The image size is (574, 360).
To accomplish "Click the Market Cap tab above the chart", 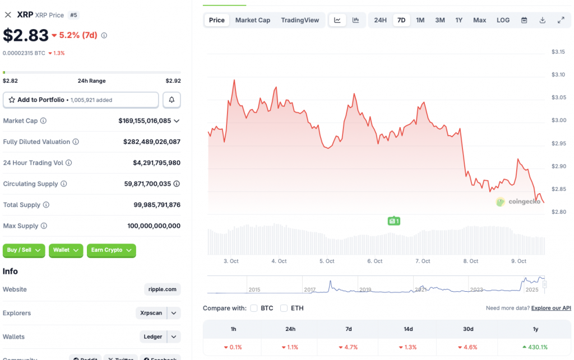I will (x=252, y=20).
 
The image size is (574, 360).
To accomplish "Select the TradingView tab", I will (x=300, y=20).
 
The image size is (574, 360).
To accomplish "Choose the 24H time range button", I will (x=380, y=20).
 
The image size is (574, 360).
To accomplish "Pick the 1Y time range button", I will (x=459, y=20).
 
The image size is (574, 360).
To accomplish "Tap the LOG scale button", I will (x=503, y=20).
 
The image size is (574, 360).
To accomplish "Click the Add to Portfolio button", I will (x=81, y=100).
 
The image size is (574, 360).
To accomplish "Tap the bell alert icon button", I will (x=172, y=100).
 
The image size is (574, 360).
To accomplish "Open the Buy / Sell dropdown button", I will (x=25, y=250).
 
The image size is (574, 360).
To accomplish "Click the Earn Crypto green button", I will (x=111, y=250).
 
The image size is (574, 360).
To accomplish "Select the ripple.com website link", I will (x=163, y=289).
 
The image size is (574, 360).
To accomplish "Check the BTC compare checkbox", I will (x=254, y=308).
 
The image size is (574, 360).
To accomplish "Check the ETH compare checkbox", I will (x=284, y=308).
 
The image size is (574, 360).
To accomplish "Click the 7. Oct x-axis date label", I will (x=423, y=261).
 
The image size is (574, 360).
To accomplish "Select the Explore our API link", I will (x=551, y=308).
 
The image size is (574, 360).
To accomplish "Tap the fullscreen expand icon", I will (x=561, y=20).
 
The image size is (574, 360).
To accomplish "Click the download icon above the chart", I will (x=542, y=20).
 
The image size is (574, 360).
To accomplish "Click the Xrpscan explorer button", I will (x=151, y=313).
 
